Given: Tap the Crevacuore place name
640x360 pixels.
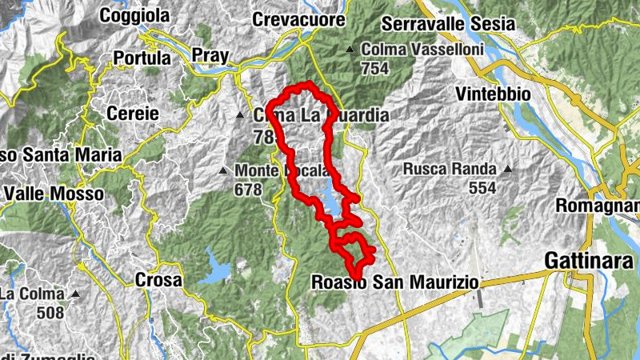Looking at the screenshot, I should coord(298,19).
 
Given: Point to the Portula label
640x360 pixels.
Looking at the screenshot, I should coord(142,58).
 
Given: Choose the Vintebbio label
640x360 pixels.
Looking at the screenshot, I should coord(493,94).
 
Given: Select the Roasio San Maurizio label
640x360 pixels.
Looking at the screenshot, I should coord(394,282).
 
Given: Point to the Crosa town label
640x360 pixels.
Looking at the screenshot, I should coord(158,280).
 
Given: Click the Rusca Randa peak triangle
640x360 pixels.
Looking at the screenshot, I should coord(506,170).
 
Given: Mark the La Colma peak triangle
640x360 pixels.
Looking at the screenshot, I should coord(75,294).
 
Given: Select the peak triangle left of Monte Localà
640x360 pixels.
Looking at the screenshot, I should coord(223,170).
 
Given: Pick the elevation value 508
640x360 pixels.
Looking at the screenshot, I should coord(50,312).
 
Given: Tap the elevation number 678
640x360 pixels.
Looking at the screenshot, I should coord(248,190).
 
